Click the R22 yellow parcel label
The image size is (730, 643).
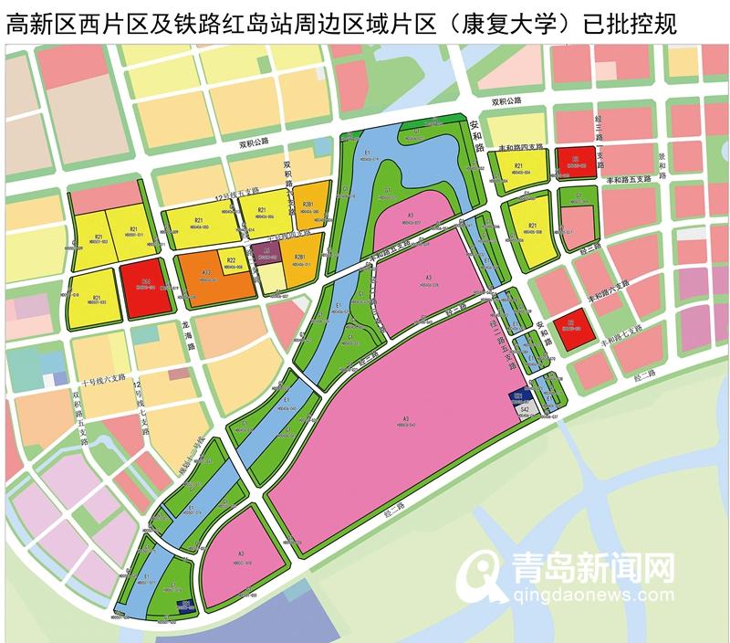tap(232, 260)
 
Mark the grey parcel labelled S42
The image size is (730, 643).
tap(525, 411)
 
